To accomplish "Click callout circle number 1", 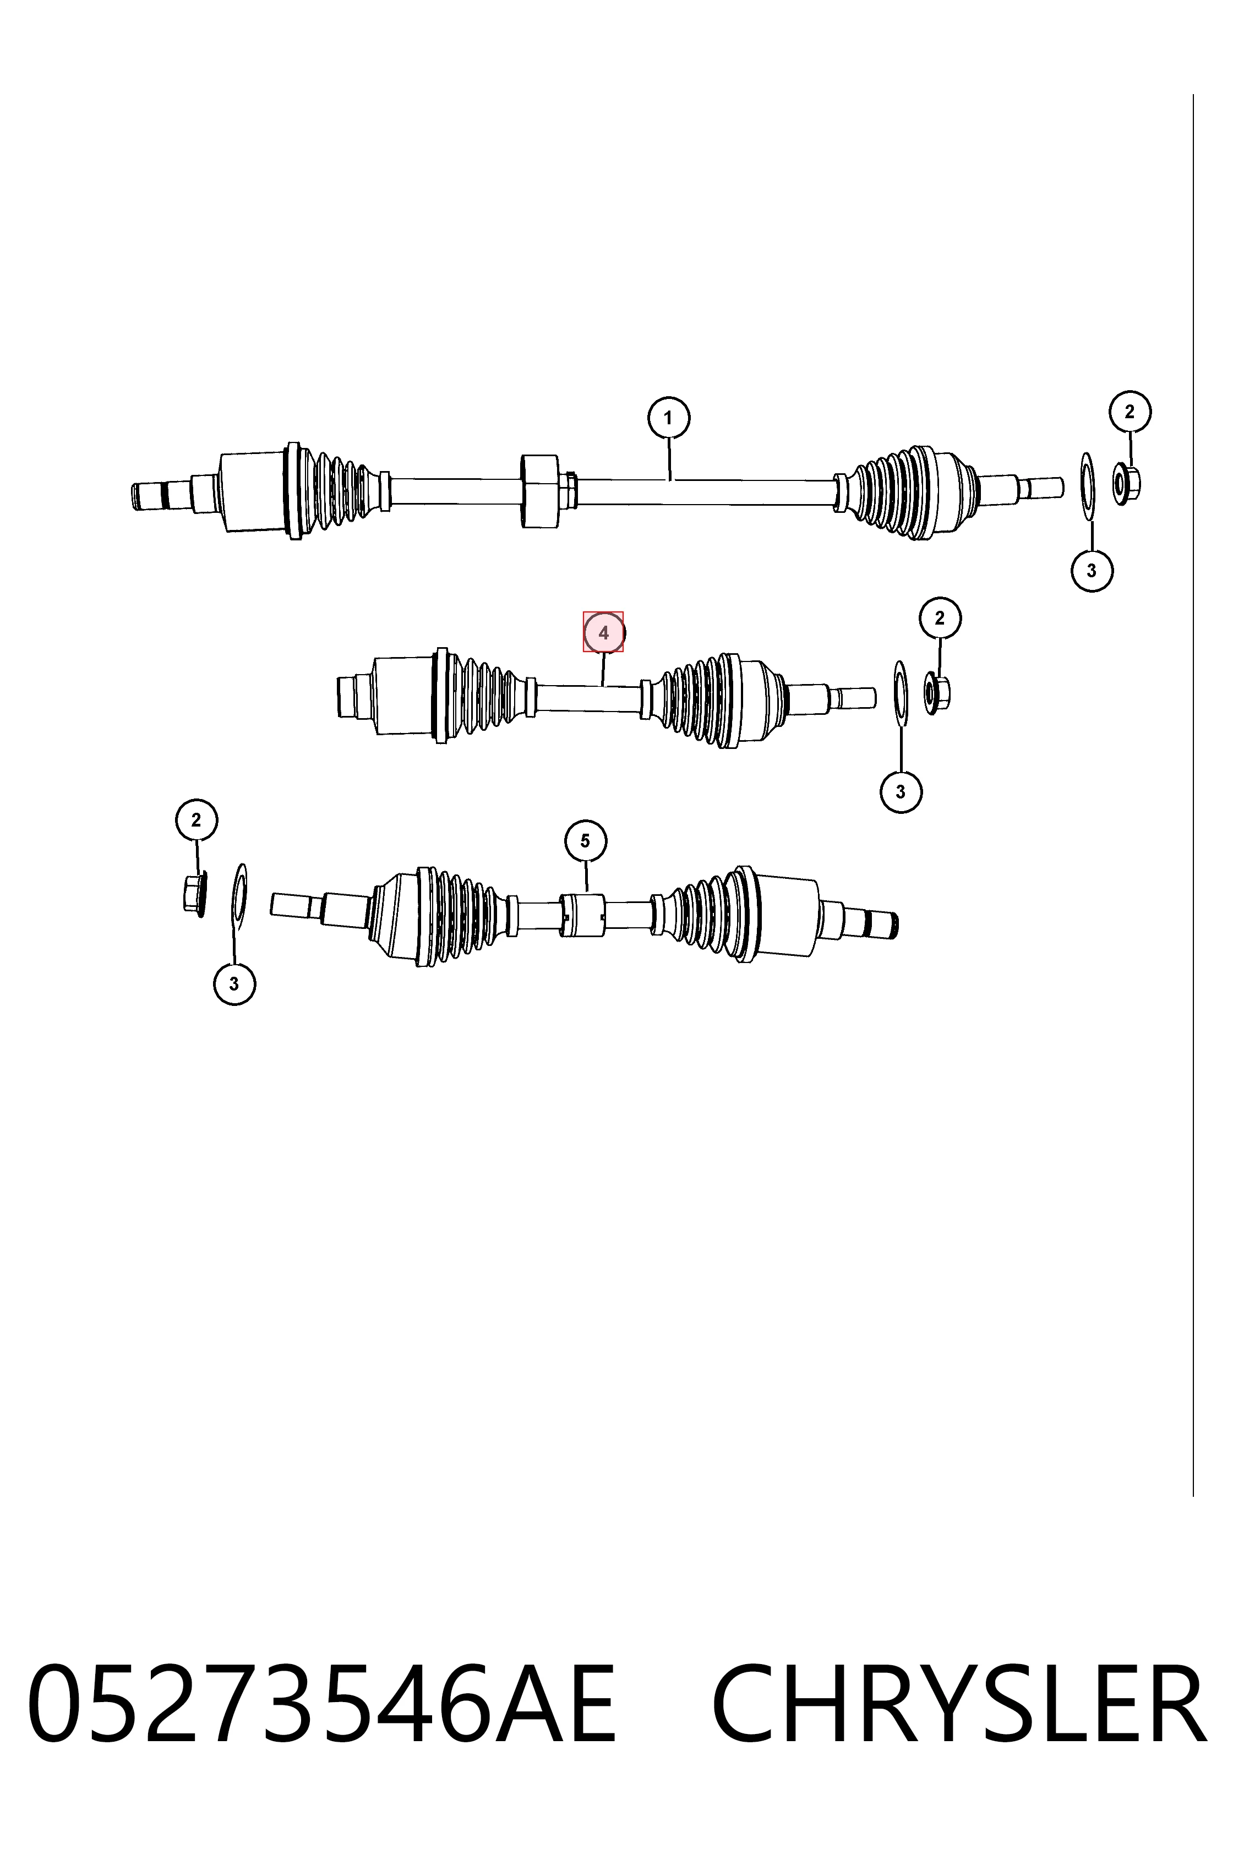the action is pos(668,418).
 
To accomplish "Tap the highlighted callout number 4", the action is pos(603,632).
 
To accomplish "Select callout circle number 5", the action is pos(585,841).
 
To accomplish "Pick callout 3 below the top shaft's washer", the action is pos(1092,571).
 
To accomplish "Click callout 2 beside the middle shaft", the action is pos(940,618).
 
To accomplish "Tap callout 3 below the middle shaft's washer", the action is pos(901,792).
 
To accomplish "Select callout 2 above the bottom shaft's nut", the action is pos(196,820).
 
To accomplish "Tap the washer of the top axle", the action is pos(1088,486).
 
